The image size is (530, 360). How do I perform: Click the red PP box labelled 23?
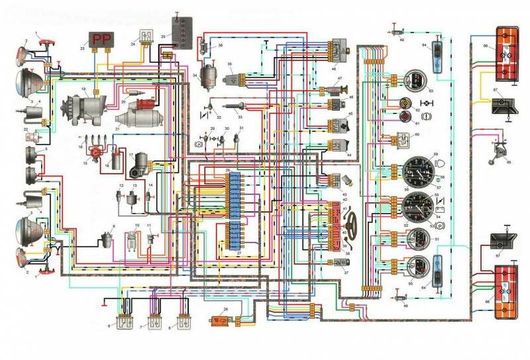[101, 40]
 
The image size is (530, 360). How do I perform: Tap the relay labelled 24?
[143, 42]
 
